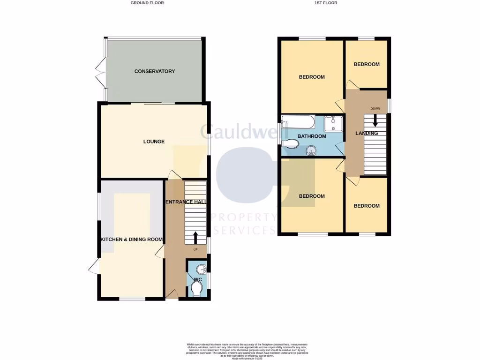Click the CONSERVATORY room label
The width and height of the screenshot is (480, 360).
point(154,71)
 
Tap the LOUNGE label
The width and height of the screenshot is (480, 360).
point(154,142)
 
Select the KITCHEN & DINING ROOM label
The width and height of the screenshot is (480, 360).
point(132,240)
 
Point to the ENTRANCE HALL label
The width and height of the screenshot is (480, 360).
point(186,202)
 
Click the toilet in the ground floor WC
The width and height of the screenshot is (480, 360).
point(197,288)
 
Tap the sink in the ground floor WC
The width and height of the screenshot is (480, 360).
point(201,269)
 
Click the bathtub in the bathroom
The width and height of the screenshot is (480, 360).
point(298,123)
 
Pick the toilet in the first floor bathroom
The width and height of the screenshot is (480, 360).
point(291,144)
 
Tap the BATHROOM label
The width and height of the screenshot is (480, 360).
point(312,136)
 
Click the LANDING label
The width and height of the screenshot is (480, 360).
point(367,134)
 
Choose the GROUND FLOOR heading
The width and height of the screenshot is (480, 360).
point(147,3)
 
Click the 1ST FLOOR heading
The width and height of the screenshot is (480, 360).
point(326,3)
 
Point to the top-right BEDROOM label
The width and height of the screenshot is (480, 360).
point(367,64)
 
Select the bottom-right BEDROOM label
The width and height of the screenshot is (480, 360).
point(367,206)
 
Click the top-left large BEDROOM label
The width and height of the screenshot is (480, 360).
point(312,77)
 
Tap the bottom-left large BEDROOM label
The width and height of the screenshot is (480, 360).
point(312,196)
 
